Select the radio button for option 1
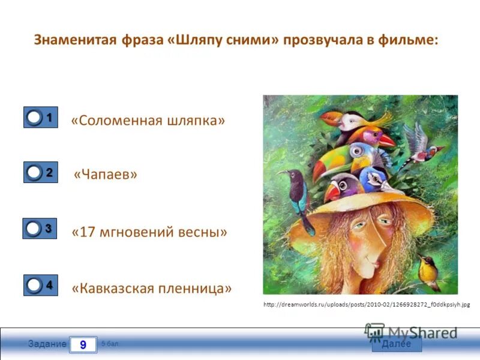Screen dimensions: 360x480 click(35, 118)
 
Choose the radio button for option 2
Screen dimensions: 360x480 click(35, 173)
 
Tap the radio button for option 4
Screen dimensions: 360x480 click(34, 286)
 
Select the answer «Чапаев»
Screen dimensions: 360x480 click(106, 175)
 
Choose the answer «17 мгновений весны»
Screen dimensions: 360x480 click(149, 231)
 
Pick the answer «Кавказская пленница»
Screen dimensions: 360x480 click(152, 288)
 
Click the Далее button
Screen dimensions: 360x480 click(397, 344)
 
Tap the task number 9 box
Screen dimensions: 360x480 click(83, 344)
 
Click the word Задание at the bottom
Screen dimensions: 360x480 click(47, 344)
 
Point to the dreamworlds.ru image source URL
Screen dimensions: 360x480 click(367, 305)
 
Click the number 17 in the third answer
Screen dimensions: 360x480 click(89, 231)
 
